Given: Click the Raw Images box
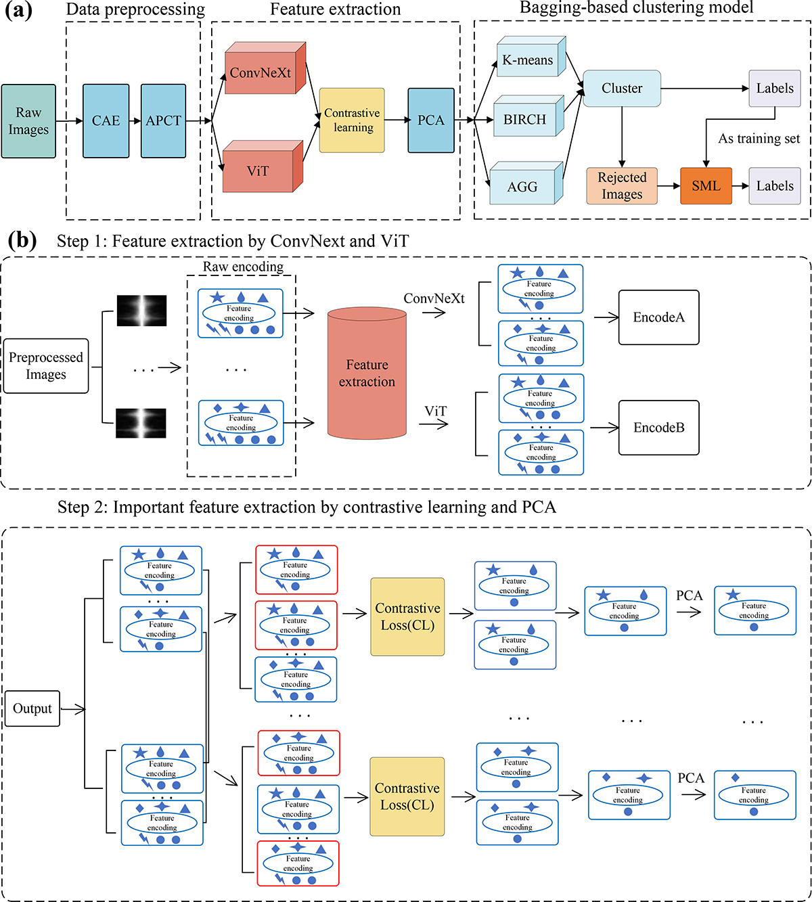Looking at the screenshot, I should pos(28,121).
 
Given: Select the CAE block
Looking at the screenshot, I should pos(106,121).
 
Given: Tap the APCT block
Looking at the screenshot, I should pos(163,121).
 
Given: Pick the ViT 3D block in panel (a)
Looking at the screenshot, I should pos(258,171).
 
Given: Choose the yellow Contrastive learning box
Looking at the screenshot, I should pos(352,120).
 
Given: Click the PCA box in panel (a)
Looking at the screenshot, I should pos(431,120).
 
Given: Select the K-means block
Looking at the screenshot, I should pos(528,60).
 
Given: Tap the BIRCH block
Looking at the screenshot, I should pos(525,120).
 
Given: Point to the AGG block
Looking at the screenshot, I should pos(522,186).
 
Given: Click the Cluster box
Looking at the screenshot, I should pos(622,89).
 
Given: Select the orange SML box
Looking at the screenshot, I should pos(706,186).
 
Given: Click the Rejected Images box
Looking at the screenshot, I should pos(622,186).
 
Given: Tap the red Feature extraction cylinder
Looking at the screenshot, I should pos(367,374).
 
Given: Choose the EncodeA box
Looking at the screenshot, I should pos(658,317).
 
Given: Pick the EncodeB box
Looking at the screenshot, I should pos(658,428).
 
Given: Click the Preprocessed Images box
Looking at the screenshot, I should pos(46,366).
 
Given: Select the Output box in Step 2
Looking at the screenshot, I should pos(32,708).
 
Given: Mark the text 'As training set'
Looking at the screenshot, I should pos(759,139).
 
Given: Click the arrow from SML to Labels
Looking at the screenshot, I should pos(740,186).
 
